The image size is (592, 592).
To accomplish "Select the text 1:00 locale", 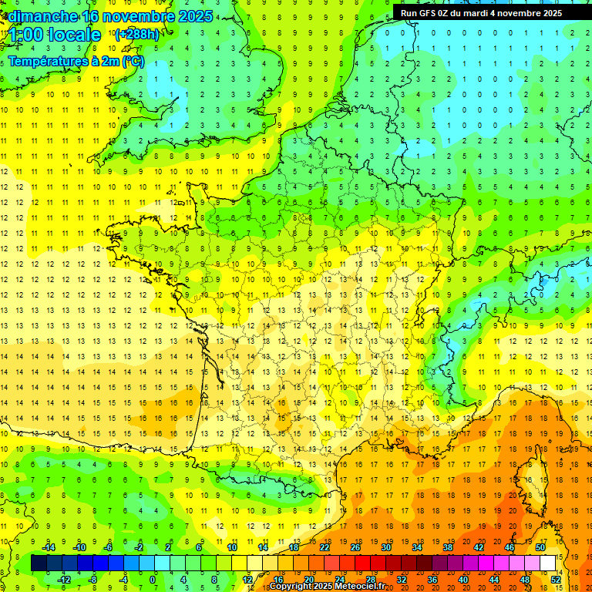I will tap(55, 35).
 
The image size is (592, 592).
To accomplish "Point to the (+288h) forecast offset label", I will tap(137, 35).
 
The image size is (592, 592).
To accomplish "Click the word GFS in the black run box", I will tap(431, 13).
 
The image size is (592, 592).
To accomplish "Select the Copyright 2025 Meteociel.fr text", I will tap(327, 587).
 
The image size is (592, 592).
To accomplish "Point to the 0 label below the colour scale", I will tap(153, 580).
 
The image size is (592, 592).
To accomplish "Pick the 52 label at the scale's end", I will tap(556, 580).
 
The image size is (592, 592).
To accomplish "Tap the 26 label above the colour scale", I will tap(355, 547).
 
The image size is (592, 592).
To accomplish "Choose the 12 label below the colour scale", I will tap(247, 580).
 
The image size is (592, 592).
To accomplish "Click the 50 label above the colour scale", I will tap(540, 547).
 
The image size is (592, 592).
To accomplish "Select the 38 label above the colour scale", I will tap(448, 547).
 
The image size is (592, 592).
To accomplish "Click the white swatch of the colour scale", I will tap(548, 563).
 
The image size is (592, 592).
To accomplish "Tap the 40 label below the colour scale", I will tap(463, 580).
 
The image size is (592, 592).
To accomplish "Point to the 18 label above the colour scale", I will tap(294, 547).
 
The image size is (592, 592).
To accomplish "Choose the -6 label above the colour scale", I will tap(109, 547).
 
